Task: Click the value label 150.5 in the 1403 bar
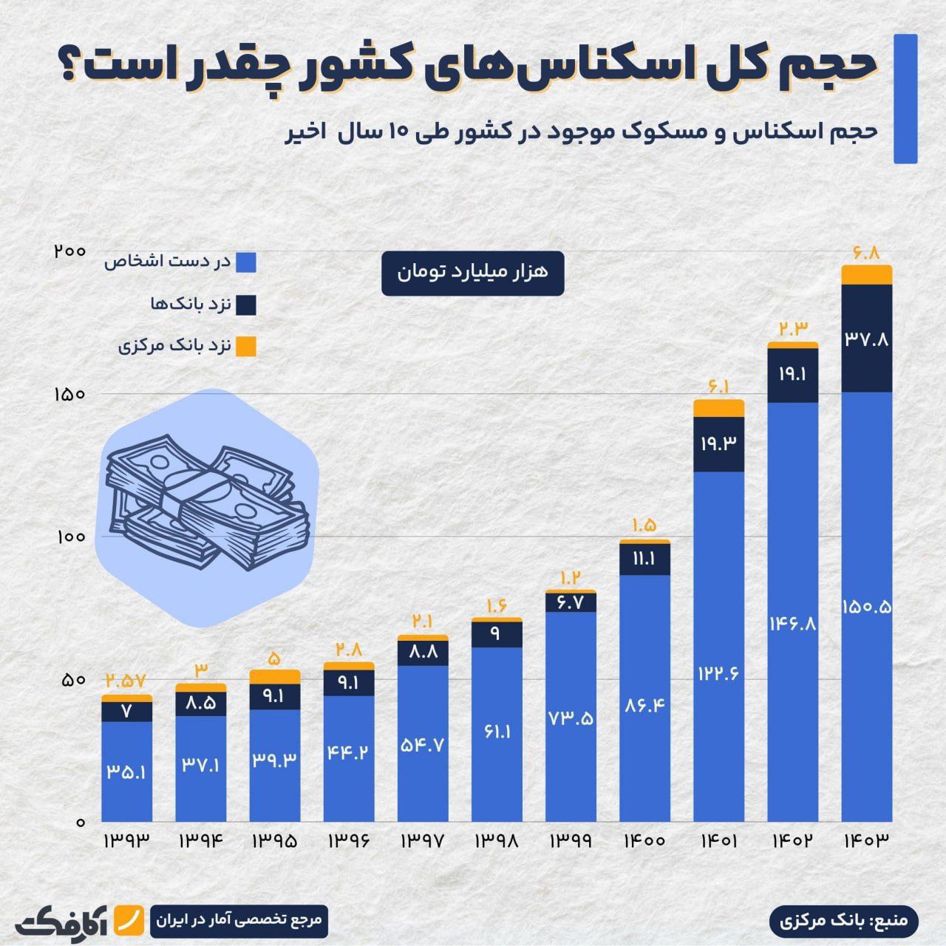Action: [x=867, y=607]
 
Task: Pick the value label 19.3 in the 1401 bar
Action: [x=719, y=443]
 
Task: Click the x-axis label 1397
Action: [x=423, y=841]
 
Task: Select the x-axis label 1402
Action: [x=793, y=841]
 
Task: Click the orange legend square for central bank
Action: [x=246, y=346]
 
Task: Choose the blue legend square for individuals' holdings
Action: [x=246, y=262]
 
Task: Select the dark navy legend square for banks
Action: [x=246, y=304]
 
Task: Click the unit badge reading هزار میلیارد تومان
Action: [x=473, y=273]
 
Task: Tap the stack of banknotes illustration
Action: [x=207, y=503]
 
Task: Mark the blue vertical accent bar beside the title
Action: [x=905, y=98]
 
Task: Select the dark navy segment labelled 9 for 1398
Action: [x=497, y=634]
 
